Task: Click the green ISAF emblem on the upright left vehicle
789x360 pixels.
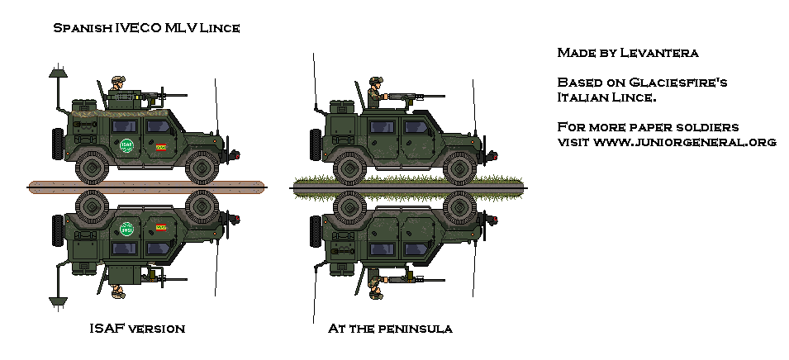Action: (126, 145)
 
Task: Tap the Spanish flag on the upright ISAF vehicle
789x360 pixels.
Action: (161, 148)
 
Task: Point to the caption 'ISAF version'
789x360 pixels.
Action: (137, 329)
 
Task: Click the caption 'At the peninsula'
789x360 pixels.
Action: (390, 329)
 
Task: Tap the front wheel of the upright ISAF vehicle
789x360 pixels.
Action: (202, 167)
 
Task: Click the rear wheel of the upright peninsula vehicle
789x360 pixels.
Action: (349, 168)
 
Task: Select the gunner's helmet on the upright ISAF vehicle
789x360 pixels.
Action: (118, 80)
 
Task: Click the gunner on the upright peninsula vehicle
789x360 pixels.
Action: (375, 92)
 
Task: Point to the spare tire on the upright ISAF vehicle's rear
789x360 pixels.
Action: (57, 144)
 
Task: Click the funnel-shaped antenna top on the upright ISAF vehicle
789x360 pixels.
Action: (59, 73)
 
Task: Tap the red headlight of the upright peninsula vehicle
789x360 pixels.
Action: (495, 155)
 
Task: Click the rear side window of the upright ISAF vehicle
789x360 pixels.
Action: (124, 126)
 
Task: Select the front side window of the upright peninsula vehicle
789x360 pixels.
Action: (416, 127)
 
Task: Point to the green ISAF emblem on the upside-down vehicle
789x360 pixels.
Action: (126, 229)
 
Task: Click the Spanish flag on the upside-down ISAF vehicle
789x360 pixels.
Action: (161, 227)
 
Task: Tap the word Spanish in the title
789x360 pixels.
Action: (83, 28)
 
